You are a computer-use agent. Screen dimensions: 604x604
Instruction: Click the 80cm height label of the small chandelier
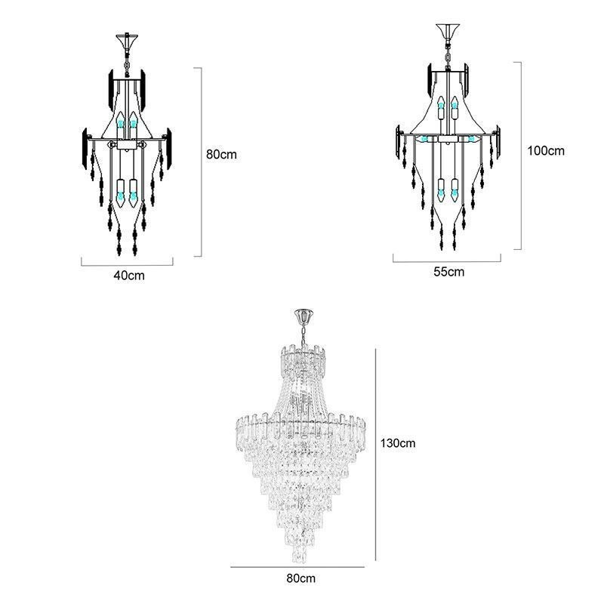tap(221, 154)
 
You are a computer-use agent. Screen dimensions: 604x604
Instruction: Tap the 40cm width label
tap(128, 276)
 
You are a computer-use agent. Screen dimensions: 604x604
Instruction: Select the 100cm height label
tap(545, 150)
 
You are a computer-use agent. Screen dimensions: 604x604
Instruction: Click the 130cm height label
tap(396, 443)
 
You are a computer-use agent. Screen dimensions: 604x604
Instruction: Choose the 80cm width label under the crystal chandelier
tap(300, 578)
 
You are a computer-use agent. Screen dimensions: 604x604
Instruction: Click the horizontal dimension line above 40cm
tap(127, 264)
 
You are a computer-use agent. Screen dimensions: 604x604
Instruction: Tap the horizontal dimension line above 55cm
tap(447, 261)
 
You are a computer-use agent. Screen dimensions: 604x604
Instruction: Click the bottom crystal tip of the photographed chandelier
tap(300, 556)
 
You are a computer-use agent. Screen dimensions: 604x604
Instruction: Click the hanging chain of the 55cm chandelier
tap(449, 55)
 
